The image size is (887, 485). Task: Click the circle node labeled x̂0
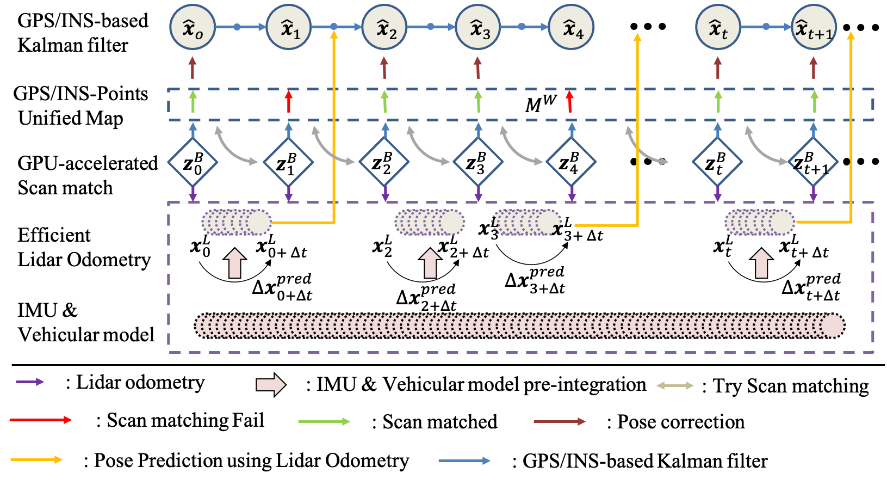(193, 27)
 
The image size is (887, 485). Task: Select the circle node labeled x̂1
(289, 27)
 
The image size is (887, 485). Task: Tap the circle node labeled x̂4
(571, 27)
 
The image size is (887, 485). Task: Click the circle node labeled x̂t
(717, 27)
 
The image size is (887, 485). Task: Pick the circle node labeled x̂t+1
(814, 27)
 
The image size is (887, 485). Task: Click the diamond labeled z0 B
(193, 162)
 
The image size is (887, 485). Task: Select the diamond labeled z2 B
(384, 162)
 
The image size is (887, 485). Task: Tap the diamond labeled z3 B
(478, 162)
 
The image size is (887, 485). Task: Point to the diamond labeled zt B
(717, 162)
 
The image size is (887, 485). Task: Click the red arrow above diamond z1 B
(289, 102)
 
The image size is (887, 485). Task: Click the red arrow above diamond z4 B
(569, 102)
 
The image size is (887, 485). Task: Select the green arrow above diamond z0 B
(193, 102)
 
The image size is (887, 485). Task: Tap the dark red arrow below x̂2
(384, 68)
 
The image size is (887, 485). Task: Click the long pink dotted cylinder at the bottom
(519, 326)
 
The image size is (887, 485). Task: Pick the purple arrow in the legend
(30, 382)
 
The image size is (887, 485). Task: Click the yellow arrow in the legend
(36, 459)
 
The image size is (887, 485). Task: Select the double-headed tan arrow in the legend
(674, 385)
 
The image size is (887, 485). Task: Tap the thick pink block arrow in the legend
(271, 385)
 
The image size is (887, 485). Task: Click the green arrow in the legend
(324, 421)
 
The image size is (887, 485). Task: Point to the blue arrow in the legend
(464, 461)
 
